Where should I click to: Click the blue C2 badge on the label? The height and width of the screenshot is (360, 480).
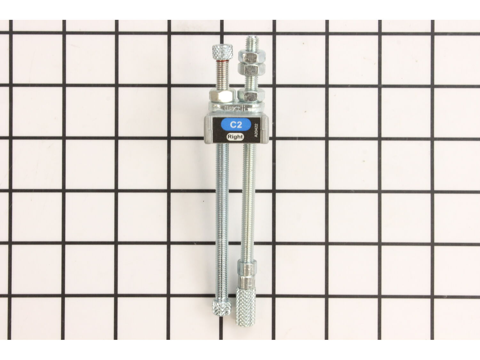[x=236, y=124]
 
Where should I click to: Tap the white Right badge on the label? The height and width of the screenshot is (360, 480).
[x=235, y=137]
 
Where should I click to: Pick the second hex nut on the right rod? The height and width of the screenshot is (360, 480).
[x=251, y=69]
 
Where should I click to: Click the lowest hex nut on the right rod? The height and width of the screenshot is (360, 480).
[x=251, y=94]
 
